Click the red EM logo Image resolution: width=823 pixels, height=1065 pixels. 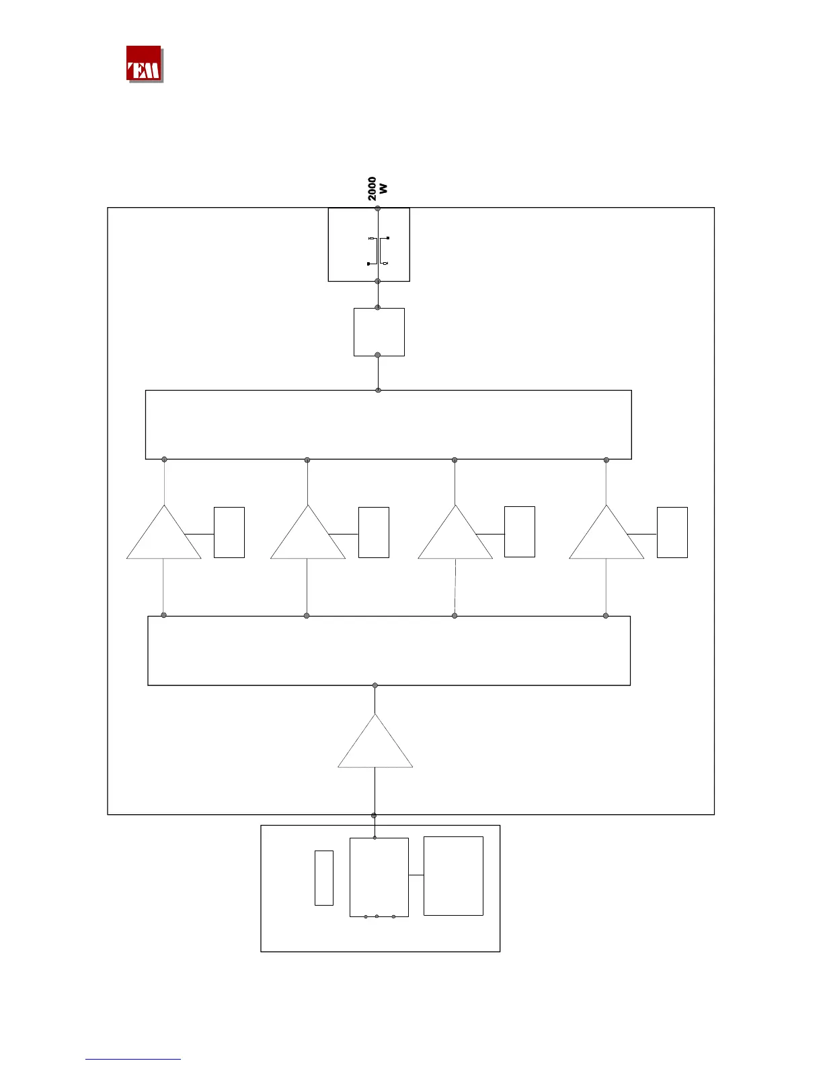click(x=144, y=64)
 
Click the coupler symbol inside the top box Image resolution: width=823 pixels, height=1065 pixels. click(x=379, y=251)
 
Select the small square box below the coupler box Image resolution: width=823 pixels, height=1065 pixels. click(x=379, y=332)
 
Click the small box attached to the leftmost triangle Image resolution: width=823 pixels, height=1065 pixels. click(x=229, y=532)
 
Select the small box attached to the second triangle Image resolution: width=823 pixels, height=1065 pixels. click(x=374, y=532)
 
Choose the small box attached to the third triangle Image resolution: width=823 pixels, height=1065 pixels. click(x=520, y=532)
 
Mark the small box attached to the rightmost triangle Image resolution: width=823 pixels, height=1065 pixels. click(x=672, y=532)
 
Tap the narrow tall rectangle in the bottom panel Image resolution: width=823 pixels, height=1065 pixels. click(x=324, y=878)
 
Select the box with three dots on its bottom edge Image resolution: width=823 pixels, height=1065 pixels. click(x=379, y=877)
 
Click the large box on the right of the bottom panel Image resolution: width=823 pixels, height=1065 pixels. click(x=454, y=876)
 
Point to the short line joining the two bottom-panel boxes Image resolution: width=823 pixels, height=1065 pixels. click(x=416, y=875)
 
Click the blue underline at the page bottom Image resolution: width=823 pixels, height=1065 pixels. click(x=133, y=1060)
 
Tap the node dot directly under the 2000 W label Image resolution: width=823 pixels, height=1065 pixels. click(x=378, y=209)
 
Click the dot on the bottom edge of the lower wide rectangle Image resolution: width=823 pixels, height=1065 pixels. click(x=375, y=686)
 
